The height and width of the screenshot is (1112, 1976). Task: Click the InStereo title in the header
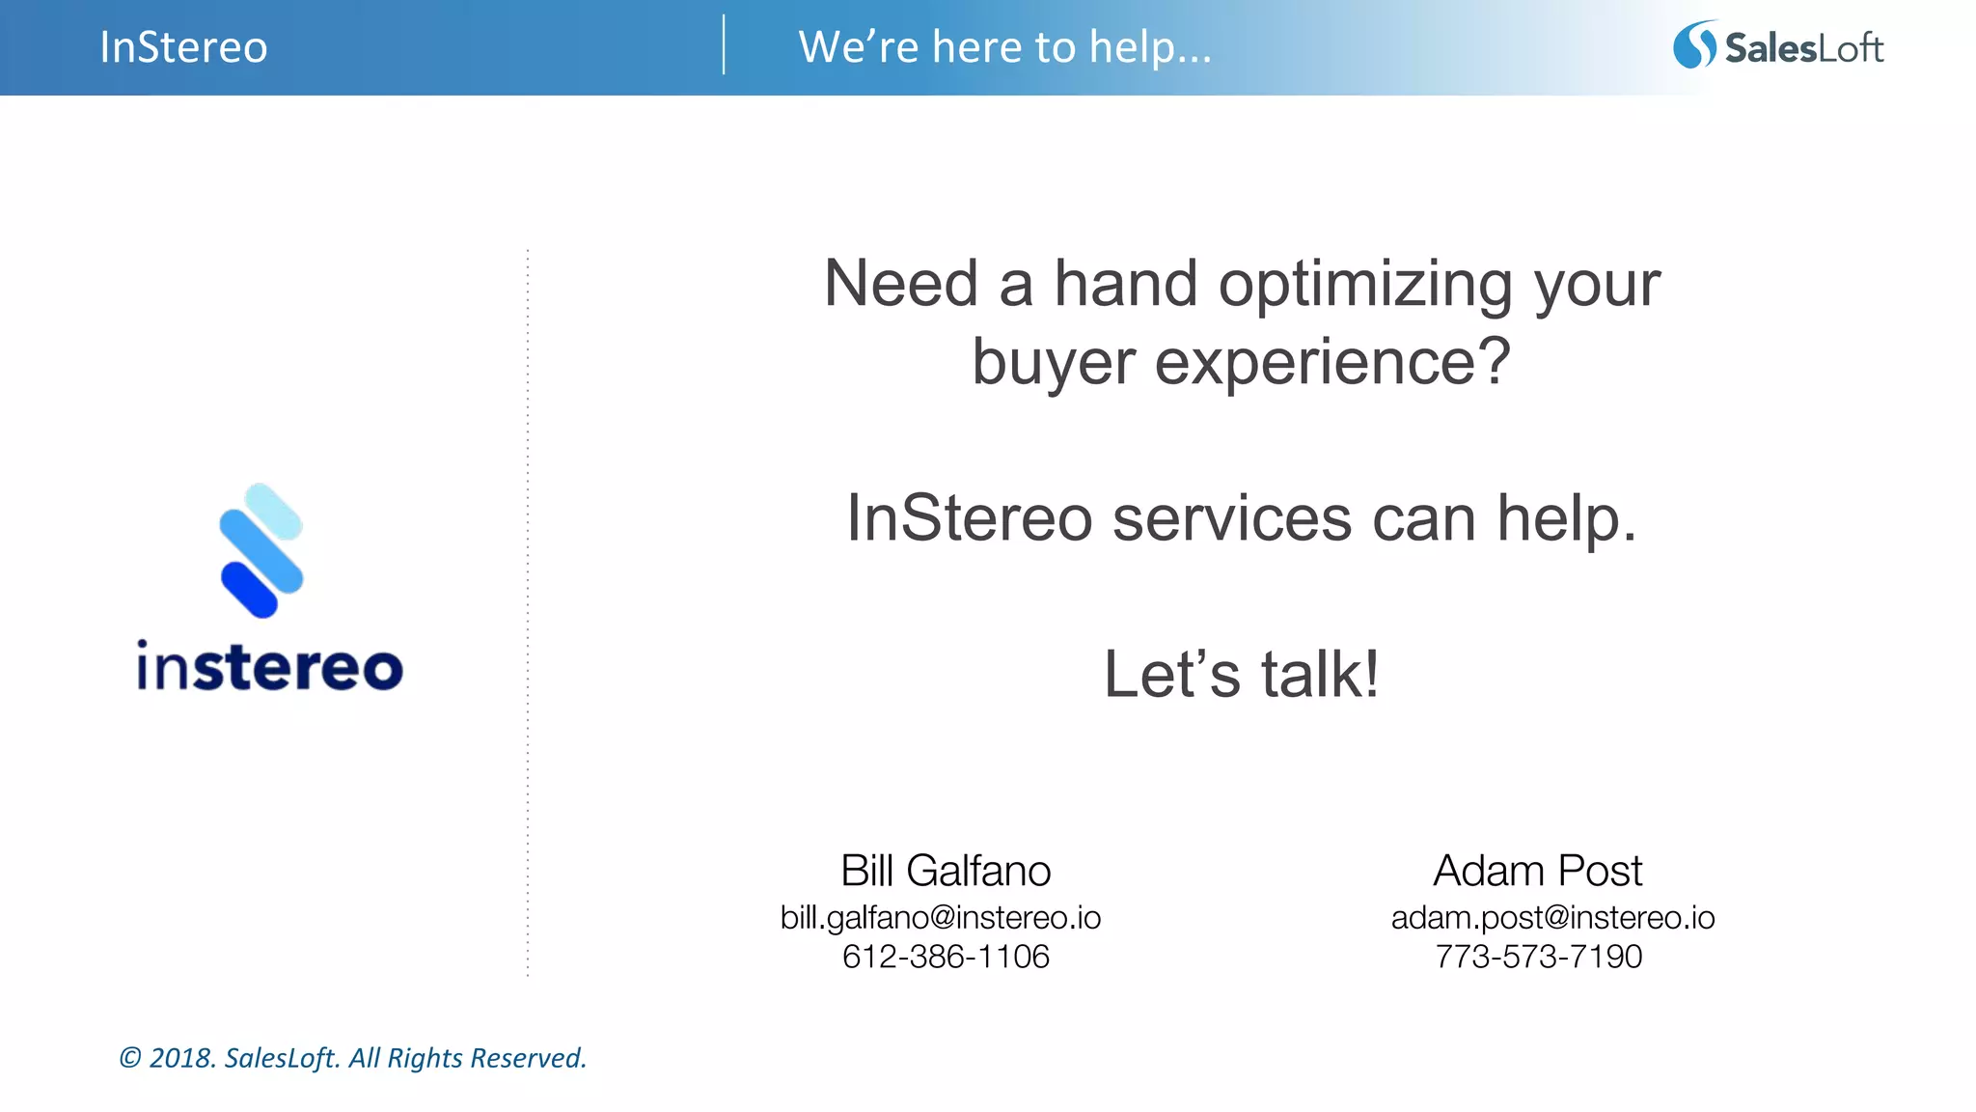pyautogui.click(x=183, y=47)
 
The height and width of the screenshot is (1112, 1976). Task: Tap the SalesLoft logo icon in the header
pyautogui.click(x=1694, y=45)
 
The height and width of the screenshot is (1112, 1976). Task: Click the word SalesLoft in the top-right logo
pyautogui.click(x=1803, y=47)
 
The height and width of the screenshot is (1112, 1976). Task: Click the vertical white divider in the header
pyautogui.click(x=724, y=44)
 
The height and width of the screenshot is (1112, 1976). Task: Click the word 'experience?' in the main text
pyautogui.click(x=1332, y=362)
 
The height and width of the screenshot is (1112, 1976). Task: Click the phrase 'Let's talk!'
pyautogui.click(x=1242, y=674)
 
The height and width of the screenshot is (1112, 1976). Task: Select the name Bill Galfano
pyautogui.click(x=946, y=871)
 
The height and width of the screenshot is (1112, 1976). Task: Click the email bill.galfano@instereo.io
pyautogui.click(x=941, y=917)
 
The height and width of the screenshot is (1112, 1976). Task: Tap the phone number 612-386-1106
pyautogui.click(x=946, y=957)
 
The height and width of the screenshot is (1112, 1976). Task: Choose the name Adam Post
pyautogui.click(x=1537, y=871)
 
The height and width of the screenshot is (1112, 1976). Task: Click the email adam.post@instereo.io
pyautogui.click(x=1552, y=917)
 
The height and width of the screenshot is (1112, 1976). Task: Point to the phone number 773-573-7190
pyautogui.click(x=1538, y=957)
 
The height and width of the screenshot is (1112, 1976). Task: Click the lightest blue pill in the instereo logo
pyautogui.click(x=274, y=512)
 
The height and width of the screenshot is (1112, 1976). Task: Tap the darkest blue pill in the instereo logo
pyautogui.click(x=249, y=590)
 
